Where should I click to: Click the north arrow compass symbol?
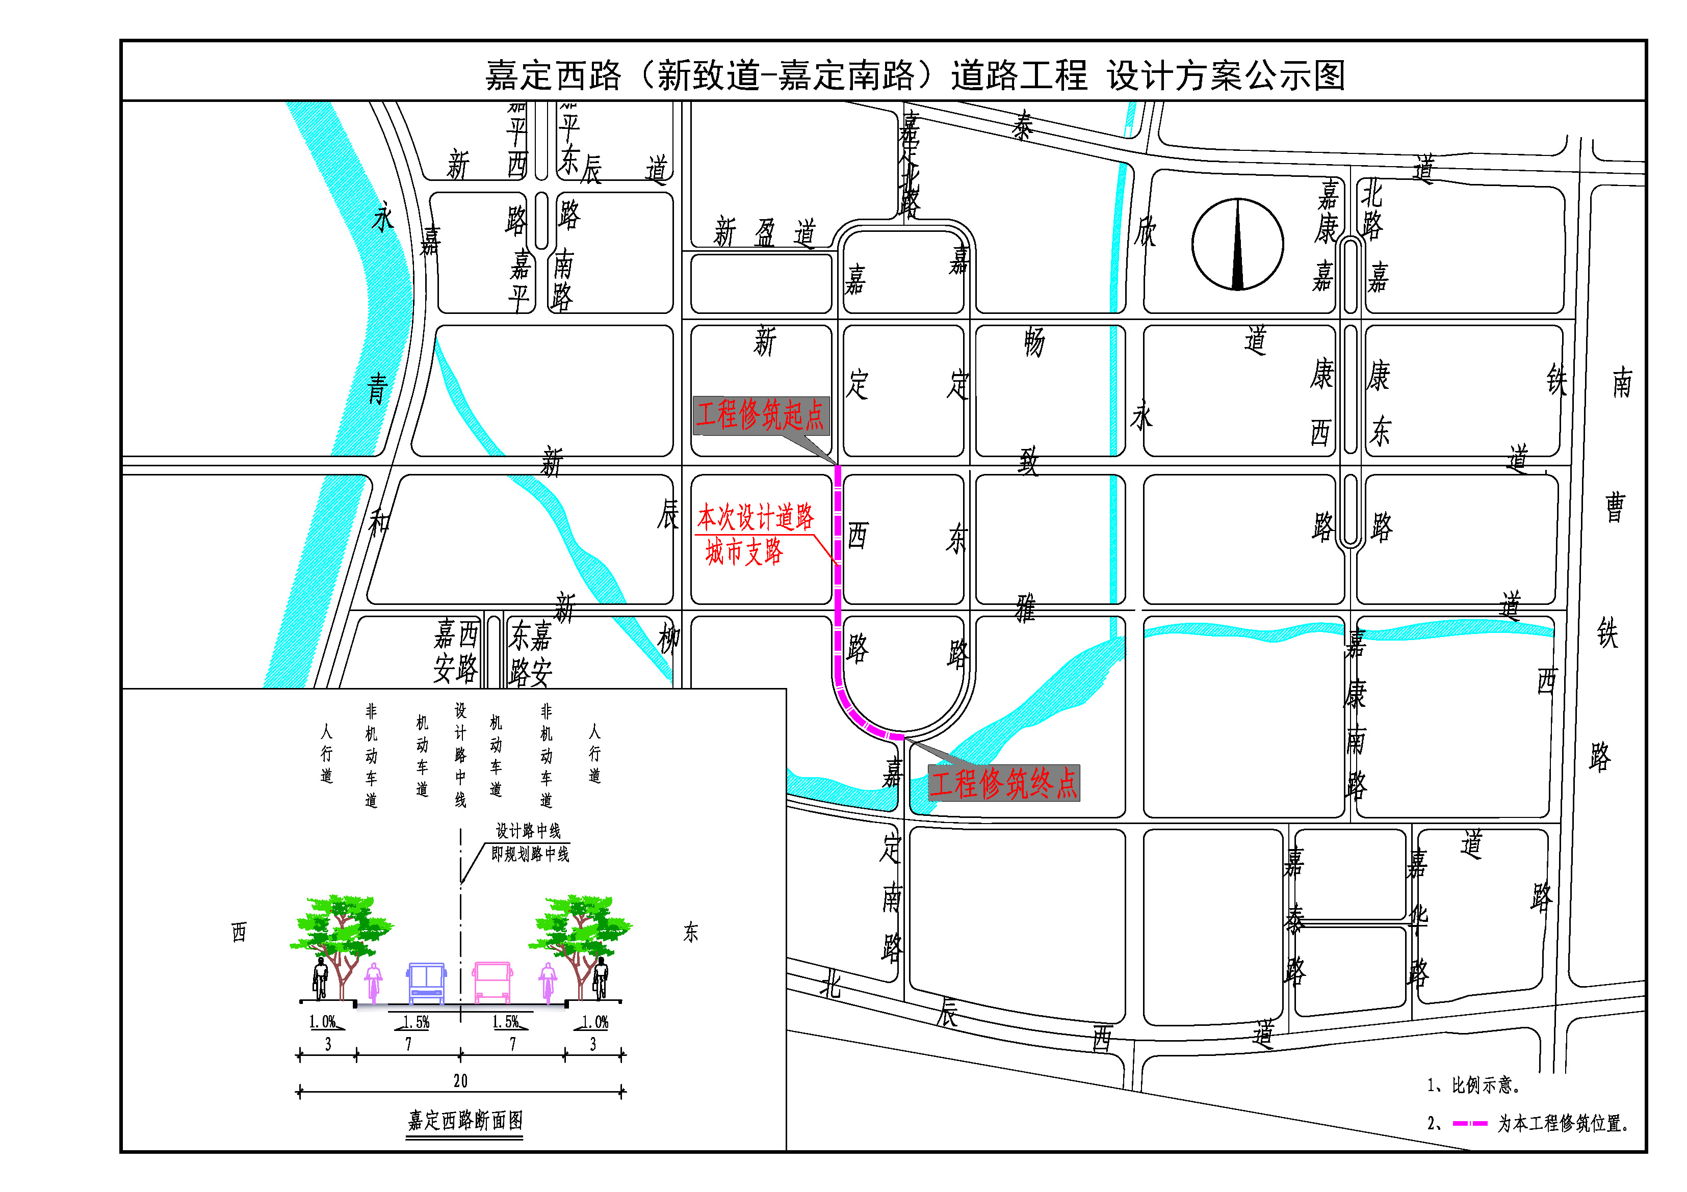(x=1237, y=245)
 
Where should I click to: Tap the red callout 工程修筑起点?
(x=761, y=415)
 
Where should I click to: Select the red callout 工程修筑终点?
(x=1004, y=783)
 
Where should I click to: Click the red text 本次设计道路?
(x=756, y=517)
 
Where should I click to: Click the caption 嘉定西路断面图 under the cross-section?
(x=464, y=1120)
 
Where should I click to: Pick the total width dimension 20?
(x=460, y=1080)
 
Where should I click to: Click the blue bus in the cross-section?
(x=426, y=983)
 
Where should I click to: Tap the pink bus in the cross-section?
(x=492, y=983)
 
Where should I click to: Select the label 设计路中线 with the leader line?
(x=528, y=831)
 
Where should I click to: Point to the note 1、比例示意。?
(x=1473, y=1085)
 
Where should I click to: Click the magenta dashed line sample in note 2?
(x=1469, y=1124)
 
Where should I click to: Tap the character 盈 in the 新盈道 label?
(x=765, y=233)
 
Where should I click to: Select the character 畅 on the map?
(x=1034, y=342)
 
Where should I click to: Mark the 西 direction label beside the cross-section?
(x=239, y=933)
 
